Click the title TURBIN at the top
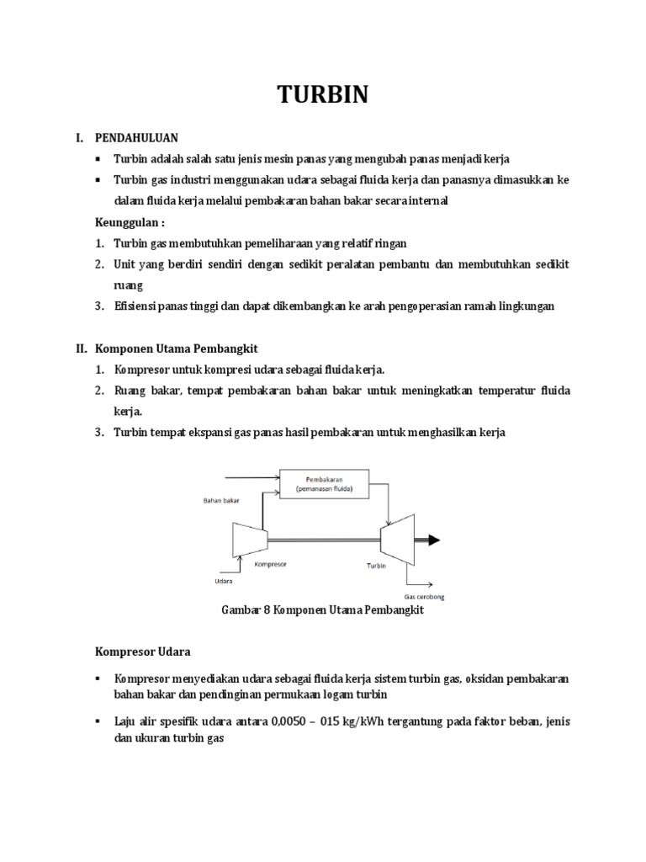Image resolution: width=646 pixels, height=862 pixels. tap(323, 95)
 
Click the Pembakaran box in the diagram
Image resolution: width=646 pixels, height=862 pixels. tap(323, 483)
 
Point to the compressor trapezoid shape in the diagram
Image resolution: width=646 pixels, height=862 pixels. tap(249, 538)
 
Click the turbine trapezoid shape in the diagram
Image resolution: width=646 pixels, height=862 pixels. tap(395, 538)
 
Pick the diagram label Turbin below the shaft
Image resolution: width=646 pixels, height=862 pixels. tap(376, 567)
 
